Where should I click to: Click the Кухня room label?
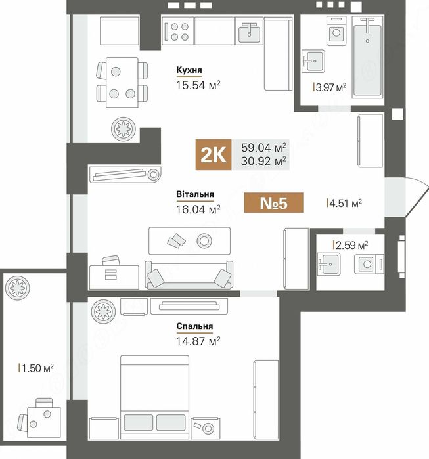pyautogui.click(x=189, y=70)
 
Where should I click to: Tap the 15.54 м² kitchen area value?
pyautogui.click(x=198, y=85)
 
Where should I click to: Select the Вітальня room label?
pyautogui.click(x=195, y=194)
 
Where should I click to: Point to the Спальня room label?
pyautogui.click(x=194, y=326)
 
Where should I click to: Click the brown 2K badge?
pyautogui.click(x=214, y=154)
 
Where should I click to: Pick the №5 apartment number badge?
pyautogui.click(x=273, y=202)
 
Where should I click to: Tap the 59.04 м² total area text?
pyautogui.click(x=263, y=148)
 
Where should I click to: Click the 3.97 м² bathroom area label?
pyautogui.click(x=330, y=87)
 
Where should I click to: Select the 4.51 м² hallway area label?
pyautogui.click(x=344, y=203)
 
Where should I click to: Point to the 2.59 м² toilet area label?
pyautogui.click(x=351, y=245)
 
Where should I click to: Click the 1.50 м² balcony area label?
pyautogui.click(x=36, y=368)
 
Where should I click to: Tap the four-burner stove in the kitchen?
pyautogui.click(x=178, y=32)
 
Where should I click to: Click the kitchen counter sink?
pyautogui.click(x=249, y=32)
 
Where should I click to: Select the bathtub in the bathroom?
pyautogui.click(x=367, y=56)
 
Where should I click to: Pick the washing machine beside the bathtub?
pyautogui.click(x=336, y=32)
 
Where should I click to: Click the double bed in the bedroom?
pyautogui.click(x=155, y=397)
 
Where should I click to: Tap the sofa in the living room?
pyautogui.click(x=189, y=275)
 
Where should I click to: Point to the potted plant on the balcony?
pyautogui.click(x=18, y=288)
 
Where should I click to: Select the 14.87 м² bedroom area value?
pyautogui.click(x=198, y=341)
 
